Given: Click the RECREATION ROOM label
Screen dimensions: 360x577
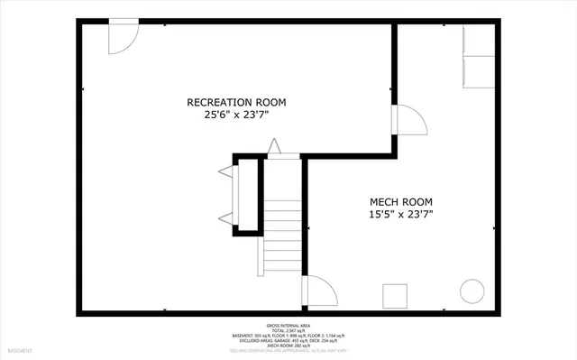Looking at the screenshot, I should (236, 102).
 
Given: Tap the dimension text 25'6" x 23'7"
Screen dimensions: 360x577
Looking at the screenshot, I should (236, 115).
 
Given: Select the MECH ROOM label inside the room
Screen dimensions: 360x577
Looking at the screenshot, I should (401, 201).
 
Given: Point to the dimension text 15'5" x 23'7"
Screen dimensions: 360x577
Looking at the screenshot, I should (401, 215).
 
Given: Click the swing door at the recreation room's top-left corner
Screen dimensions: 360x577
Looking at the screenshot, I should (122, 37).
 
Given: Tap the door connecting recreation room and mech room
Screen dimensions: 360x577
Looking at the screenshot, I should (408, 119).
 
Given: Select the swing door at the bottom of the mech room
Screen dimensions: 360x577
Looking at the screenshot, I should (320, 291).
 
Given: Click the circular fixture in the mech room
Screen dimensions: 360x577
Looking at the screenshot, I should (472, 291).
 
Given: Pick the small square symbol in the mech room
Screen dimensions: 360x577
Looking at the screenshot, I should (394, 295).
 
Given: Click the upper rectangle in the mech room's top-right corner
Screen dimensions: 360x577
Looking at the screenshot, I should (479, 41).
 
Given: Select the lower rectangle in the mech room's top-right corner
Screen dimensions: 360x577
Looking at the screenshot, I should (479, 72).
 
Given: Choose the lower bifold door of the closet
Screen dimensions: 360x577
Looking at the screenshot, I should (225, 217).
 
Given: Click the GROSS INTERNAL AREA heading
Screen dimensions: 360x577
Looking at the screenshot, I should (288, 325).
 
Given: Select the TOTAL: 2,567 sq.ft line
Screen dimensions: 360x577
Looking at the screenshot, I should (288, 330).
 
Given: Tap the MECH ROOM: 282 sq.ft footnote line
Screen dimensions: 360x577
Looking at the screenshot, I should (288, 346).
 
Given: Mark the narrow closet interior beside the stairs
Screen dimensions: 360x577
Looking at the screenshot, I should (248, 194).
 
